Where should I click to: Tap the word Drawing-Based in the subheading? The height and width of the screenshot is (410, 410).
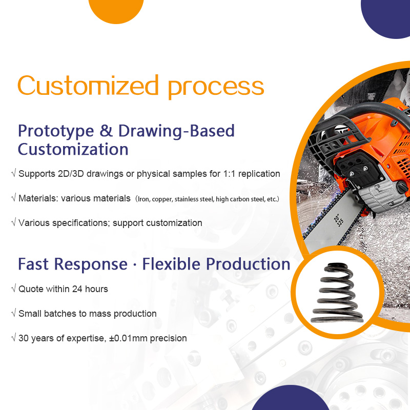[176, 131]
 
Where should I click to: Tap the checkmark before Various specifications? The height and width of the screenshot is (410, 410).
[13, 223]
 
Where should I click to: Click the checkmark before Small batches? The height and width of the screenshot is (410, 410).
[13, 314]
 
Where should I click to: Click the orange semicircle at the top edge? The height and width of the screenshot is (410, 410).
[116, 10]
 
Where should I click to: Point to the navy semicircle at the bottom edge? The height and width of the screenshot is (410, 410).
[291, 400]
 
